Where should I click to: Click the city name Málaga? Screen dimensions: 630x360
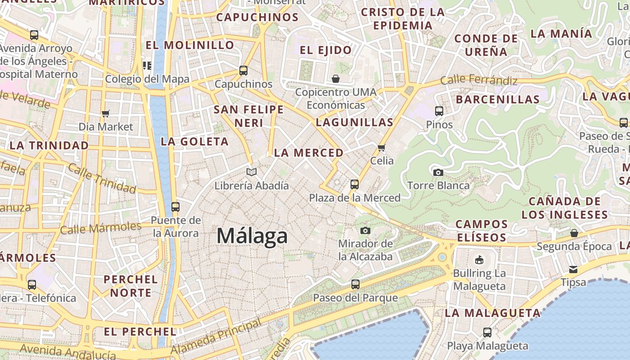(252, 236)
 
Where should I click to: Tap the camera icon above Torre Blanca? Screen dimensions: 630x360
(438, 172)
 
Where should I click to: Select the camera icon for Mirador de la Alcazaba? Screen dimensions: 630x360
(365, 230)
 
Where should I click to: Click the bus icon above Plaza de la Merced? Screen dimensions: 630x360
(355, 184)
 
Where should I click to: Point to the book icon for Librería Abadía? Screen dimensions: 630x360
(252, 172)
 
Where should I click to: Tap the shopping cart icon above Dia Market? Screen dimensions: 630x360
(106, 113)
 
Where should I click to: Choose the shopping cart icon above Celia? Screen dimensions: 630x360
(382, 148)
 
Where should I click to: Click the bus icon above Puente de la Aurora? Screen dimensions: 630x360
(175, 207)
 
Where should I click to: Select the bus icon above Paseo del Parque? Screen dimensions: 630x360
(355, 284)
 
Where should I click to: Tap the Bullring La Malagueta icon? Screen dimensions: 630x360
(479, 260)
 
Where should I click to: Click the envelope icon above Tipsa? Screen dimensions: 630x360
(573, 269)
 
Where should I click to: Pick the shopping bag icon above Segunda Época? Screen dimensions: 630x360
(574, 233)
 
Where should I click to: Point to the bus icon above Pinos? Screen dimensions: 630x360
(439, 111)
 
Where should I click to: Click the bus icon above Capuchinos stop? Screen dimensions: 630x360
(243, 70)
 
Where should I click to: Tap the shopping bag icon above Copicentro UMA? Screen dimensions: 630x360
(336, 79)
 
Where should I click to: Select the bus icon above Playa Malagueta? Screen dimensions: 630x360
(487, 333)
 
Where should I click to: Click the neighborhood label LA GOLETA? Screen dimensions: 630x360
(195, 141)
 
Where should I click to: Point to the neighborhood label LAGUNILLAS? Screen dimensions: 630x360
(355, 122)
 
